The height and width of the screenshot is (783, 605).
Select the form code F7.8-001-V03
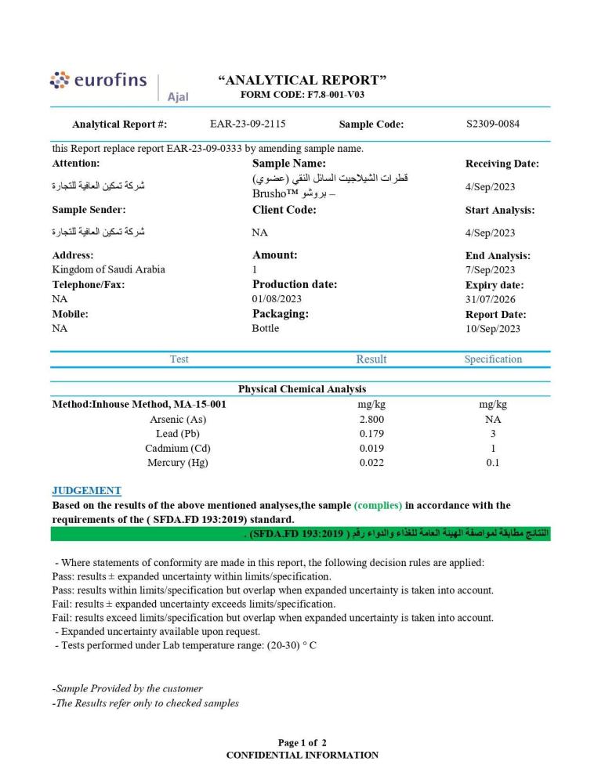[302, 95]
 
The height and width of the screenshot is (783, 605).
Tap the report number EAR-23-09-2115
[248, 124]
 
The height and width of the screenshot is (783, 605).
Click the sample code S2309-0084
[492, 124]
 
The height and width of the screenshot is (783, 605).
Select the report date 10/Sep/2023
[492, 329]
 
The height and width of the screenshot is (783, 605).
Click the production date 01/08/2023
[277, 299]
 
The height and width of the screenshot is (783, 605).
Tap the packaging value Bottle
[265, 329]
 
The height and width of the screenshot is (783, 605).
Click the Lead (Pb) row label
[178, 434]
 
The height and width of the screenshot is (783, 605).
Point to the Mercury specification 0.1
[493, 463]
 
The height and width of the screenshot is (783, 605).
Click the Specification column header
[493, 359]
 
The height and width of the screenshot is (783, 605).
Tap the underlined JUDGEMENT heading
[86, 491]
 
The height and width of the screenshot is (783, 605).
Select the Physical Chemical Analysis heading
[302, 389]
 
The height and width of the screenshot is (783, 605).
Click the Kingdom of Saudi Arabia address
[108, 270]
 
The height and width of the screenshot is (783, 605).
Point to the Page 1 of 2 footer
[302, 742]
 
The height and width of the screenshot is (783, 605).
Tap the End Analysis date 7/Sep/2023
[490, 270]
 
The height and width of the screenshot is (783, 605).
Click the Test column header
[179, 359]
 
